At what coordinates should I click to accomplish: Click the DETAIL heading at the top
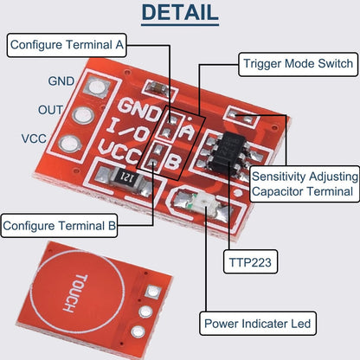pos(180,14)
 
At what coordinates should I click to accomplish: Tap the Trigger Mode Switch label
pos(297,63)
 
